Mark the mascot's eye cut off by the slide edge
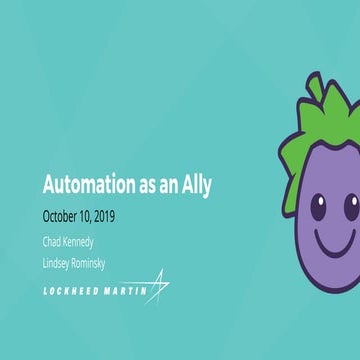pos(354,206)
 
